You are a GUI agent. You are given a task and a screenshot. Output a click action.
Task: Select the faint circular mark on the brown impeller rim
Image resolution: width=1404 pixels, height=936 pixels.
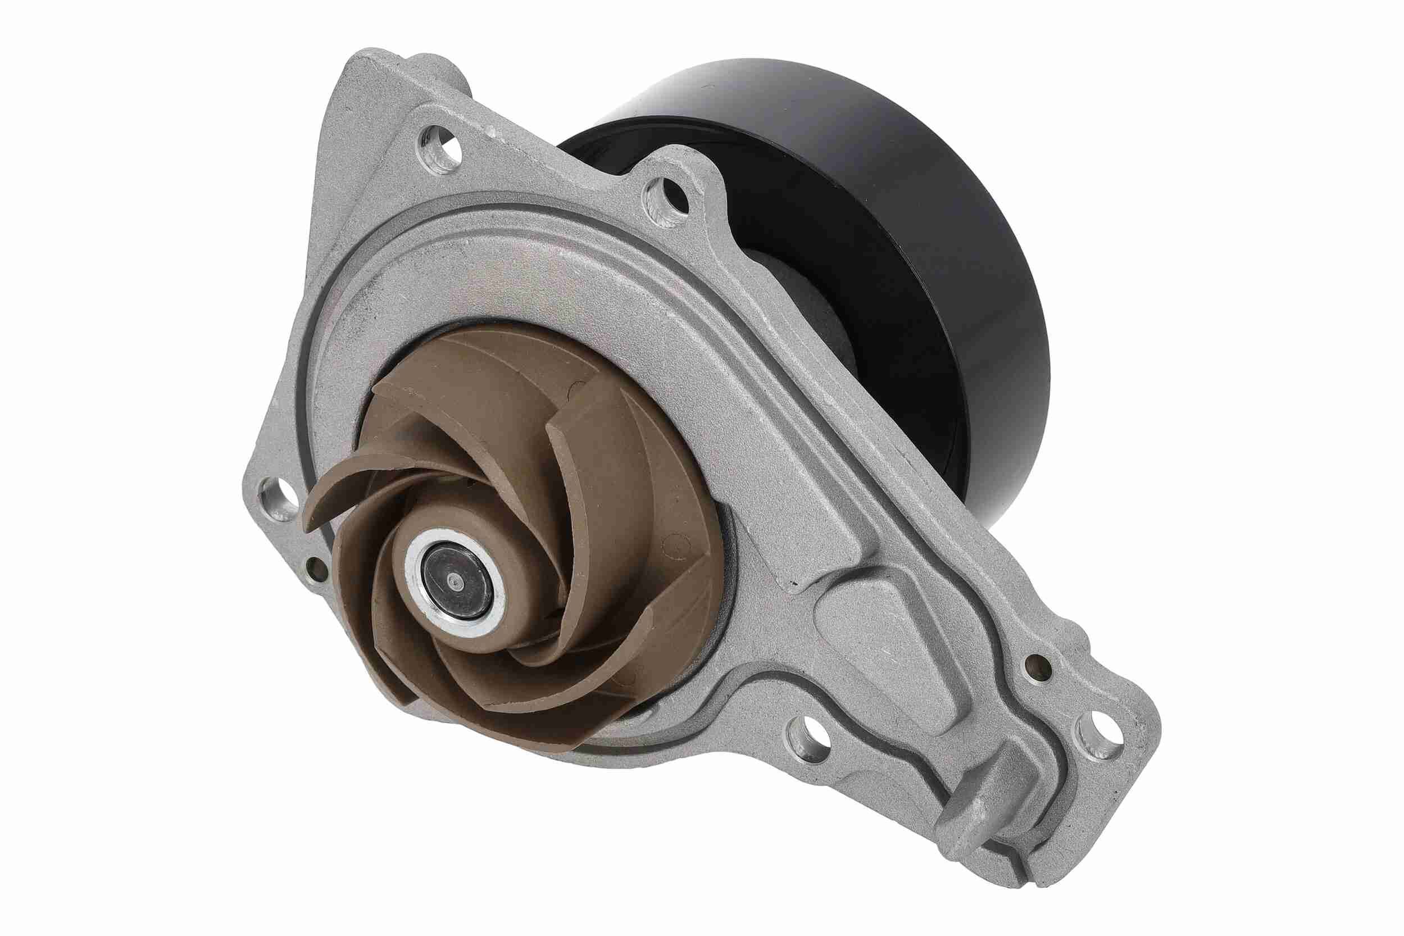[675, 547]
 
